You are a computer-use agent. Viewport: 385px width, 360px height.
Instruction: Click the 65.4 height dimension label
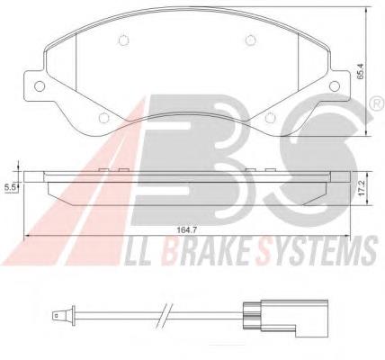[360, 71]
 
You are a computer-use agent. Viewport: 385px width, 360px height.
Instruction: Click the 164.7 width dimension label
[186, 230]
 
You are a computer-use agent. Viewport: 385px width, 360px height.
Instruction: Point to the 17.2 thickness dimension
[362, 188]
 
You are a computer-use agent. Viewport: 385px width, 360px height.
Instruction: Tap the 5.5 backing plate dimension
[10, 187]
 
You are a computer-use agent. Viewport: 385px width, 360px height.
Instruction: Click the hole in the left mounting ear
[40, 86]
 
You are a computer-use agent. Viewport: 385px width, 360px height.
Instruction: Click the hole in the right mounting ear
[335, 85]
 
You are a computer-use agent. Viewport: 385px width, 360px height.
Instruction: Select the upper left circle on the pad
[123, 40]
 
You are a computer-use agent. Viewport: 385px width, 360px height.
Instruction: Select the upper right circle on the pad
[250, 40]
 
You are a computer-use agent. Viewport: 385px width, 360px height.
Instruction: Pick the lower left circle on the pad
[103, 118]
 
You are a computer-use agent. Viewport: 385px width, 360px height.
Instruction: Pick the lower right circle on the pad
[270, 118]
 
